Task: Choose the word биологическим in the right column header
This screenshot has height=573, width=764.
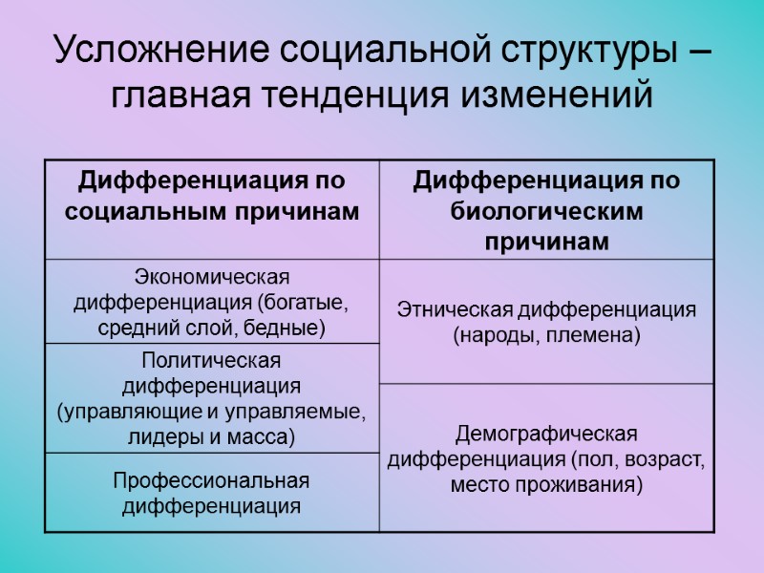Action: tap(546, 211)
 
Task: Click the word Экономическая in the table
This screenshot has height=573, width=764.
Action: tap(211, 278)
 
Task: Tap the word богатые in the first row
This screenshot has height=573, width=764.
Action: tap(302, 304)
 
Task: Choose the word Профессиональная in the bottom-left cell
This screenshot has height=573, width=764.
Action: tap(211, 479)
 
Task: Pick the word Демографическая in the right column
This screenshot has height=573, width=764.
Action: tap(545, 435)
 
